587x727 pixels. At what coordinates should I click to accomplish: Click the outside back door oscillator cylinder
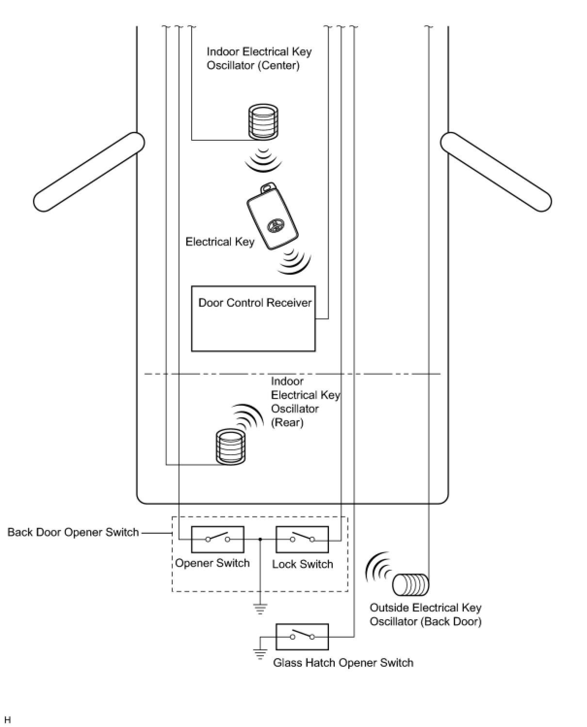tap(410, 584)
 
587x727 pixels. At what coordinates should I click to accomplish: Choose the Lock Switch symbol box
tap(302, 539)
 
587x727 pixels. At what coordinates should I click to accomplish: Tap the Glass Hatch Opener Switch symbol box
tap(302, 636)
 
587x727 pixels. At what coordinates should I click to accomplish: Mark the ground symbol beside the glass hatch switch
tap(261, 654)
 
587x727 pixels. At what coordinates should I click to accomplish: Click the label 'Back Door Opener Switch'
tap(73, 532)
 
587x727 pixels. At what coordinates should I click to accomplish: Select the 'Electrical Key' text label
tap(220, 242)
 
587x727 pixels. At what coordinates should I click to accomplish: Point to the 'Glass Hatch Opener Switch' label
tap(343, 663)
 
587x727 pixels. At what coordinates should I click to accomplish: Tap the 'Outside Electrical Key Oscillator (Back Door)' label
tap(425, 614)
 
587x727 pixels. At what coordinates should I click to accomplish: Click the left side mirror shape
tap(89, 172)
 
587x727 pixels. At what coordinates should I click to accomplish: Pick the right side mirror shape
tap(496, 172)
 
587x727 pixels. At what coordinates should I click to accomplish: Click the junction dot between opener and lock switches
tap(261, 539)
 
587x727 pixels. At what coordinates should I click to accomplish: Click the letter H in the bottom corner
tap(7, 720)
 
